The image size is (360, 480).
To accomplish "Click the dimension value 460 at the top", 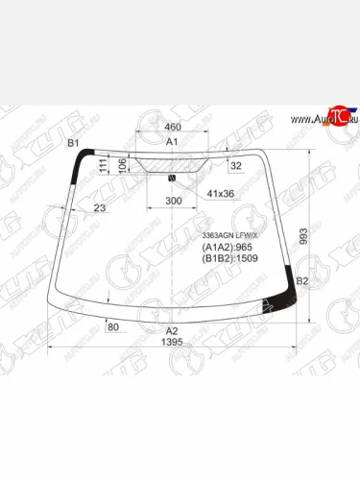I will (x=173, y=127).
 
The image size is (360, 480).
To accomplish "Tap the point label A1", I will (x=173, y=142).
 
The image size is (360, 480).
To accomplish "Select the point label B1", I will (x=72, y=143).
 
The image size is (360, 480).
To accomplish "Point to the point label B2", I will (x=301, y=280).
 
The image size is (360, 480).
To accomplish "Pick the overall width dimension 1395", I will (x=173, y=343).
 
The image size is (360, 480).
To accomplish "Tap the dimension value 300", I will (x=173, y=201).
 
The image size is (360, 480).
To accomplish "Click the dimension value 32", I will (x=236, y=166).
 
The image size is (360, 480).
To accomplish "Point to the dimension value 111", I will (x=104, y=167).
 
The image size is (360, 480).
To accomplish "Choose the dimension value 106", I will (x=123, y=165).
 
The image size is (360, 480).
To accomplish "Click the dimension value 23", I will (x=100, y=208).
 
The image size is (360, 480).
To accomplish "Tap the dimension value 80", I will (x=113, y=328).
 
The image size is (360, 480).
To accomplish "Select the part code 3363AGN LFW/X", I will (x=228, y=236).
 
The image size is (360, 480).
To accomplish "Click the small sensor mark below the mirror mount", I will (x=172, y=177).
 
